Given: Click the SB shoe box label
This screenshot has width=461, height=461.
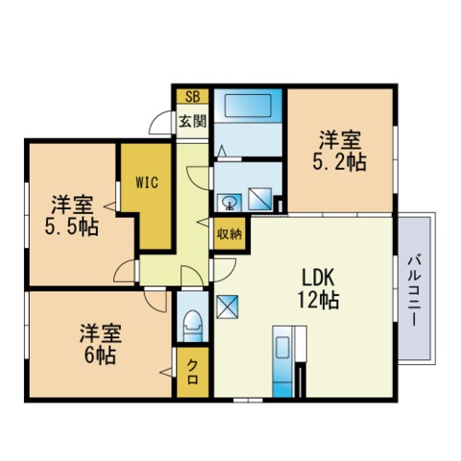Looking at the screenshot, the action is [193, 96].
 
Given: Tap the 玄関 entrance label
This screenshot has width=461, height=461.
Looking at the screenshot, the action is [192, 121].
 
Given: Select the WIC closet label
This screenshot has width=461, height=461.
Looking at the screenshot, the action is [147, 182].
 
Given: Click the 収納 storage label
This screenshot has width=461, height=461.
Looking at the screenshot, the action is [230, 234].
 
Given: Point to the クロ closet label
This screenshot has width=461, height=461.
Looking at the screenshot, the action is [192, 372].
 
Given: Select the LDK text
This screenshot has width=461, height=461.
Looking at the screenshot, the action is [319, 278].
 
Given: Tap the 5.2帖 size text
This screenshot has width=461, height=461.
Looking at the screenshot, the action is [339, 162].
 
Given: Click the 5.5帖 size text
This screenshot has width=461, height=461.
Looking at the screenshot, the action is [71, 228].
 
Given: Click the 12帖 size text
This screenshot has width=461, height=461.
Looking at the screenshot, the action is [319, 300].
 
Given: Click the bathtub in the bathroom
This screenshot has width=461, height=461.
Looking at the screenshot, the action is [248, 106].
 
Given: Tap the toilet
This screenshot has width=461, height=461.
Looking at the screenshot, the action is [193, 326].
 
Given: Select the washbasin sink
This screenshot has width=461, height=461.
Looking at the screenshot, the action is [230, 203].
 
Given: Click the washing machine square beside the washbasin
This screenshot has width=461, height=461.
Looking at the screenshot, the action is [260, 199].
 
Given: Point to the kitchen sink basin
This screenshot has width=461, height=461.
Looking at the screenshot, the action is [282, 347].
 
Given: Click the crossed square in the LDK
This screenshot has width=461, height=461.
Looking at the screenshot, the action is [228, 306].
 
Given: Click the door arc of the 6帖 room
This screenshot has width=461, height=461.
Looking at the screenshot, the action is [156, 301].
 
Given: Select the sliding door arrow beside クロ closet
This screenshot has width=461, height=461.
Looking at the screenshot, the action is [166, 373].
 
